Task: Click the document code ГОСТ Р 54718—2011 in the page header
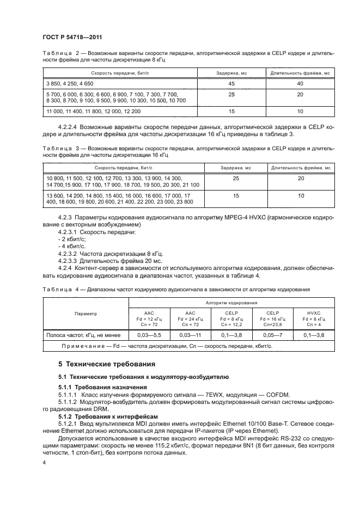[72, 38]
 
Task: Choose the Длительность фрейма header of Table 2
[300, 73]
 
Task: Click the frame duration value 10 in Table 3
[300, 198]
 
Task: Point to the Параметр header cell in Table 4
[86, 314]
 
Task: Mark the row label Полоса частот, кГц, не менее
[86, 335]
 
